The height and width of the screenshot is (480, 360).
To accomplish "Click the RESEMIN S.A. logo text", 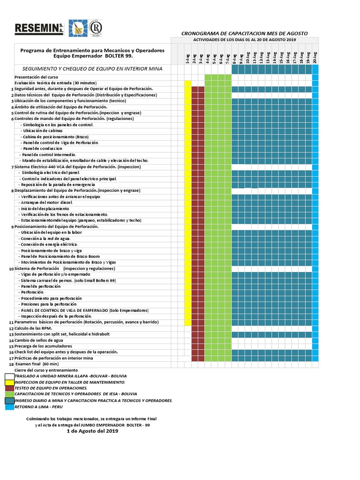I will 39,29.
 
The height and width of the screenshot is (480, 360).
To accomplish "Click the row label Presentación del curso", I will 36,77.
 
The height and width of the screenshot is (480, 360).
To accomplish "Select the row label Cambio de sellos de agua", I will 38,340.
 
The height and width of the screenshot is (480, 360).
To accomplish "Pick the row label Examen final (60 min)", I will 37,364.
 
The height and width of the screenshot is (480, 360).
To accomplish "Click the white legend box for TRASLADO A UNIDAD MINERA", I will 9,376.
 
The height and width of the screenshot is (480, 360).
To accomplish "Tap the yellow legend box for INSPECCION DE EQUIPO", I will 9,382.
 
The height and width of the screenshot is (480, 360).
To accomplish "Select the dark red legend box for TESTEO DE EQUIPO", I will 9,389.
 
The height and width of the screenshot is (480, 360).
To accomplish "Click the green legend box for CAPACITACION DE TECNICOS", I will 9,395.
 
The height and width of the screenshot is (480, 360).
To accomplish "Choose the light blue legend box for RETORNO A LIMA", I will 9,407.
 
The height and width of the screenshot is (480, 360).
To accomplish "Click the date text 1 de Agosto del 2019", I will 93,431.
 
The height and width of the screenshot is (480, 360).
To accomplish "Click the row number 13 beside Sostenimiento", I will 11,334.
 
